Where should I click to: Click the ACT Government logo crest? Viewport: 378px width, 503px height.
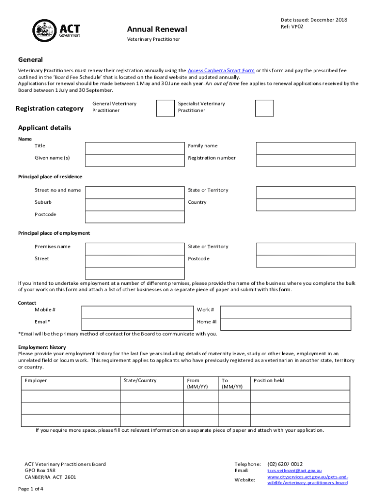tap(45, 30)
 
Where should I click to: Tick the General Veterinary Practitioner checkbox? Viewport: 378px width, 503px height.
tap(165, 108)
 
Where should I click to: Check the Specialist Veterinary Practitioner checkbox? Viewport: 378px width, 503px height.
tap(265, 108)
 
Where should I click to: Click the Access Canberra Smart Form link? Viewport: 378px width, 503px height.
tap(221, 71)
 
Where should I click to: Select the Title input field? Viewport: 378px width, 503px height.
tap(135, 148)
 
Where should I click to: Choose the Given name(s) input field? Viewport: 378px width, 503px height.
tap(135, 160)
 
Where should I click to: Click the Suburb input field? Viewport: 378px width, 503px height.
tap(135, 204)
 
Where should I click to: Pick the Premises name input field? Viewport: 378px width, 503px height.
tap(135, 249)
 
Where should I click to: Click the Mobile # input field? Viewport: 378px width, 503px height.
tap(137, 312)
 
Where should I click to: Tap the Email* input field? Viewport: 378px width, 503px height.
tap(137, 324)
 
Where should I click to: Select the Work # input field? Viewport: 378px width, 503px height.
tap(286, 312)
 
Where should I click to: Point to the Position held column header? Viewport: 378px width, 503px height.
tap(269, 381)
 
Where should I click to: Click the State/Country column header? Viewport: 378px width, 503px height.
tap(140, 381)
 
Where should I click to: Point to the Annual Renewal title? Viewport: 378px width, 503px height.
tap(157, 30)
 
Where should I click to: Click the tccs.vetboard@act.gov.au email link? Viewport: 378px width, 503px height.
tap(294, 471)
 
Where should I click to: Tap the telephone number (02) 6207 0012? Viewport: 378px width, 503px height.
tap(285, 464)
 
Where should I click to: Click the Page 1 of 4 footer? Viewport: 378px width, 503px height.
tap(30, 489)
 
